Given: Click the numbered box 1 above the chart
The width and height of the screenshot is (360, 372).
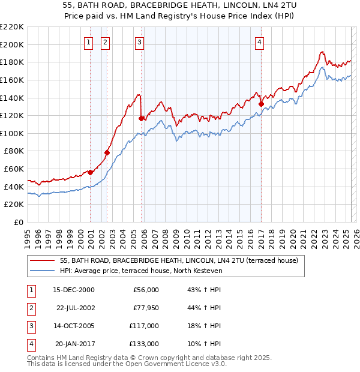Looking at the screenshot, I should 88,42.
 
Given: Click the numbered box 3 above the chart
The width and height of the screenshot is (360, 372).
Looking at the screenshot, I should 139,42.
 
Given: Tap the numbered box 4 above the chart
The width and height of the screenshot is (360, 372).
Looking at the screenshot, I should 260,42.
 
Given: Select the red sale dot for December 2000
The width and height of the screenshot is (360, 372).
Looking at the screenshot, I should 90,172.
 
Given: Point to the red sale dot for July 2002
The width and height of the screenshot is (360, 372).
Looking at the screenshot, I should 107,152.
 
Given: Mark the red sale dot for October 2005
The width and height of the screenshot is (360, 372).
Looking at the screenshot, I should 141,118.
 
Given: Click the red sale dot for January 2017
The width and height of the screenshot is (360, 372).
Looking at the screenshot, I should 261,104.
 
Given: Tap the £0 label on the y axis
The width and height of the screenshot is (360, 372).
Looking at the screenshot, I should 19,223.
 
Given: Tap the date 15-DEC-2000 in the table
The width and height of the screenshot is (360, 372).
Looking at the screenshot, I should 74,290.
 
